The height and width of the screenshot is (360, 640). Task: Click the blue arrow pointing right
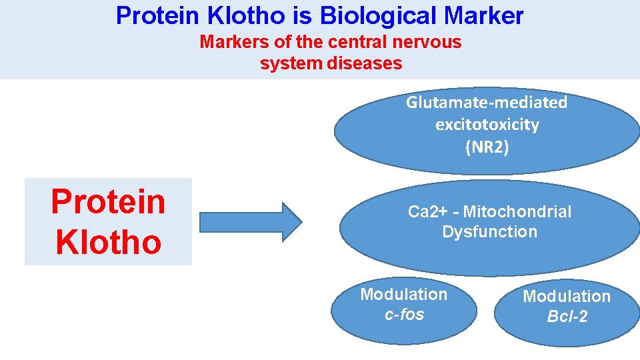pyautogui.click(x=251, y=221)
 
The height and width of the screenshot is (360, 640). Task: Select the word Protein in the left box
pyautogui.click(x=108, y=201)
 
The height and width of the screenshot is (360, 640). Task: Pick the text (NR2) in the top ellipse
pyautogui.click(x=487, y=147)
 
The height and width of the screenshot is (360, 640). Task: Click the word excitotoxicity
pyautogui.click(x=487, y=125)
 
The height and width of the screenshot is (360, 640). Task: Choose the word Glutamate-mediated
pyautogui.click(x=487, y=103)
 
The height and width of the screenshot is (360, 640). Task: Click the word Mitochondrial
pyautogui.click(x=517, y=212)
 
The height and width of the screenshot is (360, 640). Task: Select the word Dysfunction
pyautogui.click(x=489, y=232)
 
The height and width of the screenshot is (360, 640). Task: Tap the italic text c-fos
pyautogui.click(x=404, y=314)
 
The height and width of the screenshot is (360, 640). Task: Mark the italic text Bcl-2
pyautogui.click(x=567, y=317)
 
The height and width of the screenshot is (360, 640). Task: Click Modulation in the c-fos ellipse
pyautogui.click(x=404, y=294)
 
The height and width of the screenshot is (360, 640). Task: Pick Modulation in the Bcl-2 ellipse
pyautogui.click(x=567, y=296)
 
